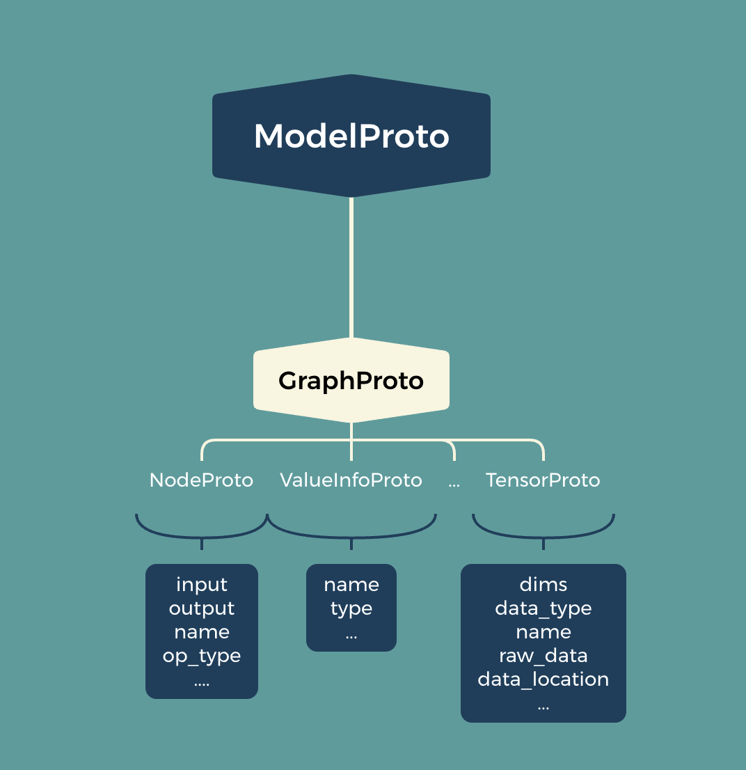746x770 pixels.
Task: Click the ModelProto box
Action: coord(351,136)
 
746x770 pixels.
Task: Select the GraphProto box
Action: coord(351,381)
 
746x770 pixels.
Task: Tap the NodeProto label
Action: coord(201,480)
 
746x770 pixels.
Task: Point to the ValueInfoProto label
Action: coord(351,480)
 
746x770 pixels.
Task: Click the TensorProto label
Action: coord(543,480)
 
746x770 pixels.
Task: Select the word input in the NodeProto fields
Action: coord(202,585)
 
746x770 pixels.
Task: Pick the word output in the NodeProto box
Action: coord(202,608)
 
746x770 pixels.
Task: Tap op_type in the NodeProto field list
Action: coord(202,656)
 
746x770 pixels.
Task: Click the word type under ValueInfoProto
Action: coord(351,608)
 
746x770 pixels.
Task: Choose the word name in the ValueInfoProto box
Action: coord(351,585)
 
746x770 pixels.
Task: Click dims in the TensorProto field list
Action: coord(543,585)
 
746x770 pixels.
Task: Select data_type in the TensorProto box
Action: coord(543,608)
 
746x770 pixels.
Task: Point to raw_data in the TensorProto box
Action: coord(543,656)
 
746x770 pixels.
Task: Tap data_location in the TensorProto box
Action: coord(543,679)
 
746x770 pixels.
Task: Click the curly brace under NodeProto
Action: coord(202,534)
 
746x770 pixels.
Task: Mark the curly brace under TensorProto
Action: coord(543,534)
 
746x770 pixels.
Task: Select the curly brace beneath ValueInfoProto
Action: coord(351,535)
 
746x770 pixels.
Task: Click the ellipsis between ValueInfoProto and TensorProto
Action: coord(454,482)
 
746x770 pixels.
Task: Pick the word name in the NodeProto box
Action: coord(202,632)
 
